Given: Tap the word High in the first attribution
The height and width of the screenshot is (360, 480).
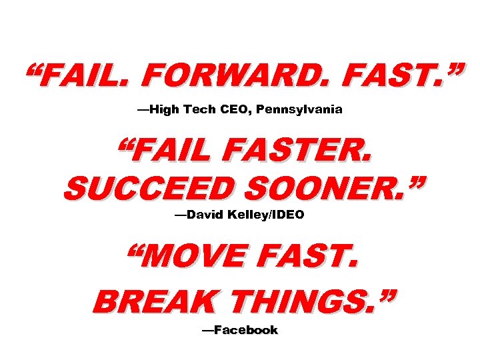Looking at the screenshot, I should click(164, 109).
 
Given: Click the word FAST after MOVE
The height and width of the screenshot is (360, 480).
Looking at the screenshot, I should click(309, 259).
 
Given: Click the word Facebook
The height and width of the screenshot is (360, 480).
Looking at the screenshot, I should click(246, 330).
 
